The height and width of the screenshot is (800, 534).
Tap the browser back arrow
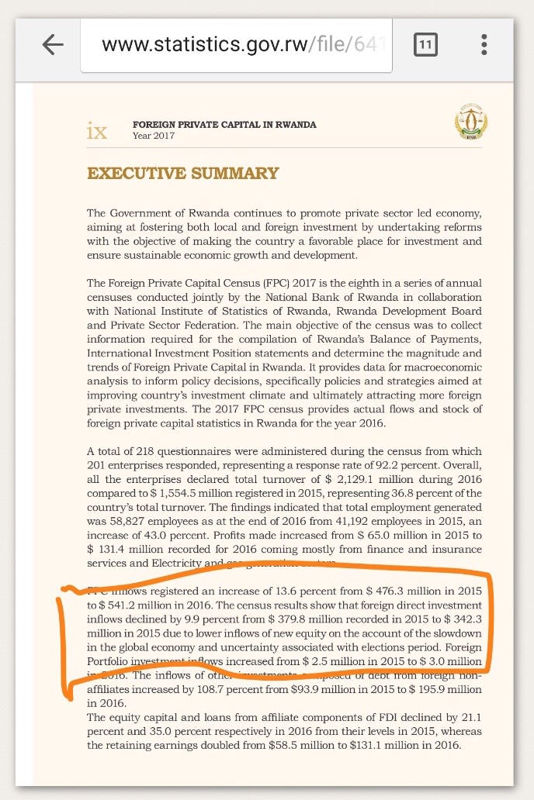click(52, 44)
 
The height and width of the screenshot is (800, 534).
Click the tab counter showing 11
click(425, 44)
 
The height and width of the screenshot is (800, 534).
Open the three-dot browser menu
click(484, 44)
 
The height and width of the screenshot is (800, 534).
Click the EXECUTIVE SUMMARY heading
click(182, 174)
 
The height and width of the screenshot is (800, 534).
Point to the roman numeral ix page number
click(97, 131)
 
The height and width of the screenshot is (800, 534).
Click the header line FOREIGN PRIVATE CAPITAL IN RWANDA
click(224, 124)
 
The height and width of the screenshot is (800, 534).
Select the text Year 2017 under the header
click(154, 136)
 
